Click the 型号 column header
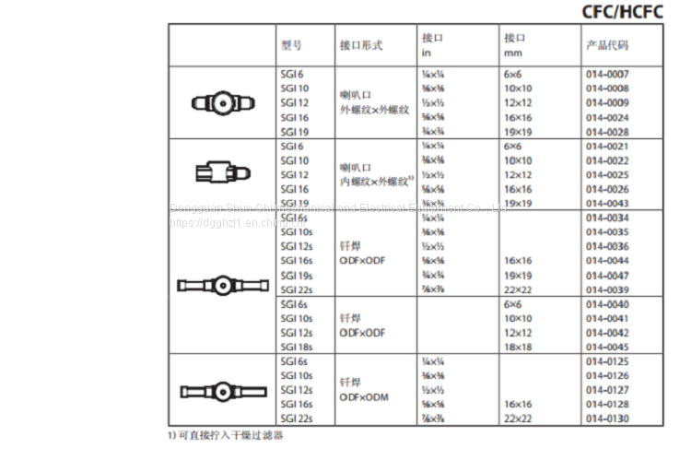pyautogui.click(x=291, y=44)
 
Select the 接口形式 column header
pyautogui.click(x=360, y=44)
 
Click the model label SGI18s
pyautogui.click(x=296, y=347)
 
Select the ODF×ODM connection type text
pyautogui.click(x=363, y=395)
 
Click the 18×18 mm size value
pyautogui.click(x=518, y=347)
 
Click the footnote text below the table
pyautogui.click(x=226, y=433)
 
